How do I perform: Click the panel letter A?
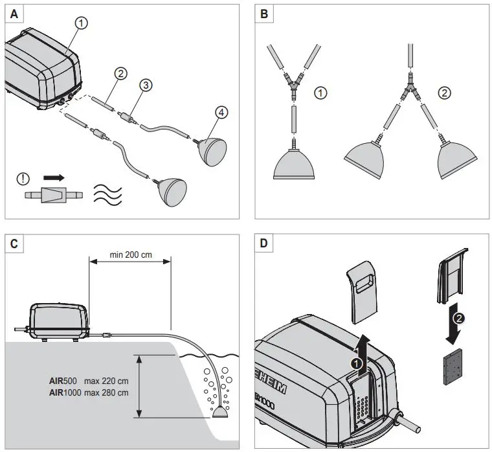point(15,13)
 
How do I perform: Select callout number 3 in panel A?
point(147,84)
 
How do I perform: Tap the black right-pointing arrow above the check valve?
point(54,176)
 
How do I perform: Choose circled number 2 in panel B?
point(444,93)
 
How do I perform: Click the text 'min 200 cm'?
point(130,254)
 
